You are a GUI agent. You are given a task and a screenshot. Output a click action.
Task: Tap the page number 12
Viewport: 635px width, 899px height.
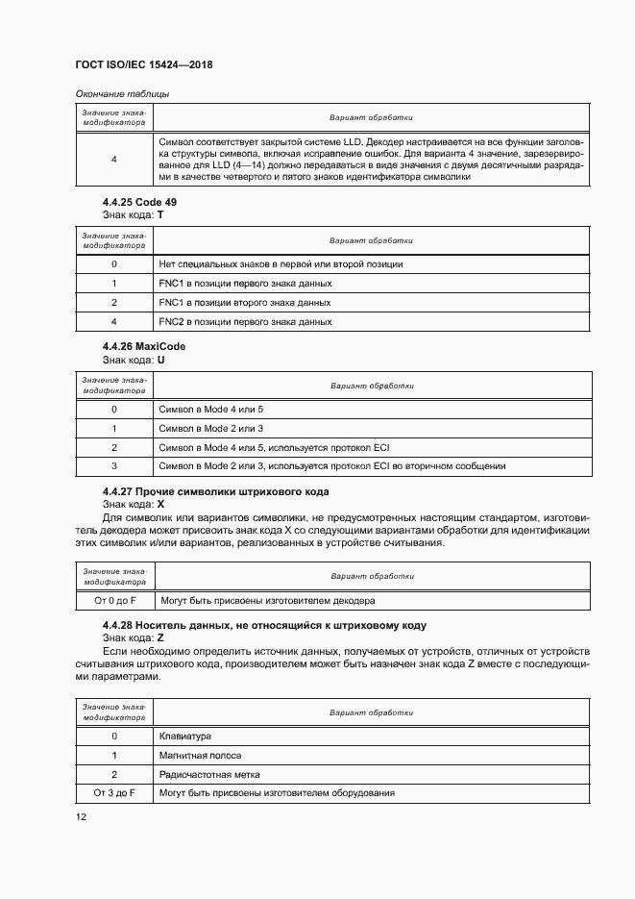pyautogui.click(x=81, y=816)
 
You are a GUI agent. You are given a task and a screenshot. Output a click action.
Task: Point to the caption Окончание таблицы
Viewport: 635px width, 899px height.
pyautogui.click(x=122, y=93)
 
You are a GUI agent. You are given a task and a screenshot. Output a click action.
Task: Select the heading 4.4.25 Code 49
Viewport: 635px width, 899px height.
pyautogui.click(x=139, y=202)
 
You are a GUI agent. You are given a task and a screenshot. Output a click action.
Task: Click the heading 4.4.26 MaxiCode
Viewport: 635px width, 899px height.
pyautogui.click(x=144, y=346)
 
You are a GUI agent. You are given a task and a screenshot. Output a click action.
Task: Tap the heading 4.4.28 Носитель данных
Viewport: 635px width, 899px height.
pyautogui.click(x=264, y=626)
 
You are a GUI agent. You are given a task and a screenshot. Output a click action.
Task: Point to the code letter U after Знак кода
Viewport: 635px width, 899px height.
pyautogui.click(x=160, y=358)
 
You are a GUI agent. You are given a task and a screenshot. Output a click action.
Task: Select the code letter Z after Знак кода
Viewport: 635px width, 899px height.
pyautogui.click(x=160, y=637)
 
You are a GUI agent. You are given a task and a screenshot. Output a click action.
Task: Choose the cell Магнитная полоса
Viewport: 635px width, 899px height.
pyautogui.click(x=200, y=756)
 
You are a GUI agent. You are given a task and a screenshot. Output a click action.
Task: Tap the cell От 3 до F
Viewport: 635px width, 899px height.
pyautogui.click(x=114, y=793)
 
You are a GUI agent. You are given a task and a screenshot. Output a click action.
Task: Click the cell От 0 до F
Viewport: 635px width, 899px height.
pyautogui.click(x=114, y=600)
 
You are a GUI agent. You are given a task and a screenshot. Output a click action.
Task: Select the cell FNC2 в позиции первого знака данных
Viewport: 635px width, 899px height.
pyautogui.click(x=245, y=321)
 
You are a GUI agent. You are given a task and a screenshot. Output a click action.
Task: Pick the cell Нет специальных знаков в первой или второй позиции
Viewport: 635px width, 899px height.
pyautogui.click(x=281, y=263)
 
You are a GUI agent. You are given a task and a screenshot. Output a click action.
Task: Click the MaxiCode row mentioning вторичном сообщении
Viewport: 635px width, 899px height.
pyautogui.click(x=332, y=466)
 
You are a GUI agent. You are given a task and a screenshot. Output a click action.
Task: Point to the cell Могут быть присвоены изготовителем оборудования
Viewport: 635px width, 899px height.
pyautogui.click(x=277, y=793)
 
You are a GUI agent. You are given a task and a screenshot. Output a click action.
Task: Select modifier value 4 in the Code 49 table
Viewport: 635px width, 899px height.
pyautogui.click(x=114, y=321)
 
